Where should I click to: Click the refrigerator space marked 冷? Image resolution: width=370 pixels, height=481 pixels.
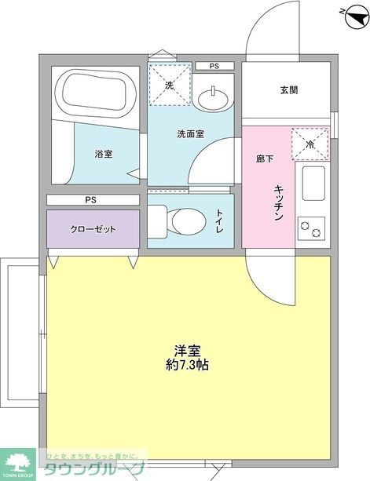[309, 144]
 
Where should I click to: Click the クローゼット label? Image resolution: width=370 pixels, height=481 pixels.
[92, 229]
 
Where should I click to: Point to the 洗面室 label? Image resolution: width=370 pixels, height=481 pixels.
[190, 133]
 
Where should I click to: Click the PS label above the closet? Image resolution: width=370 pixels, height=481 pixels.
[92, 200]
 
